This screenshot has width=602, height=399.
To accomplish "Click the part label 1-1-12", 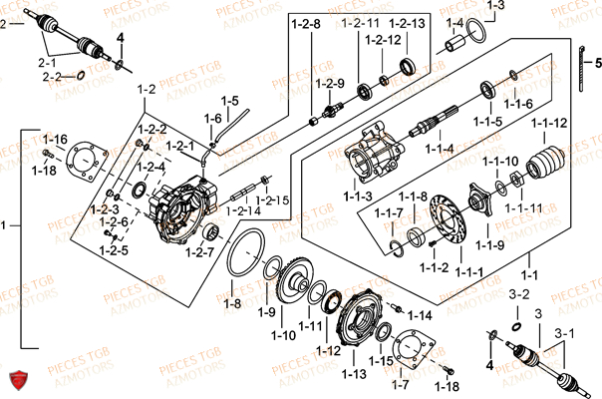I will [x=549, y=123].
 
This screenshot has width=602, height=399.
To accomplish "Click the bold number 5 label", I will [x=598, y=62].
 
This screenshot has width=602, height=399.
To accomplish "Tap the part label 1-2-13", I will [x=406, y=22].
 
